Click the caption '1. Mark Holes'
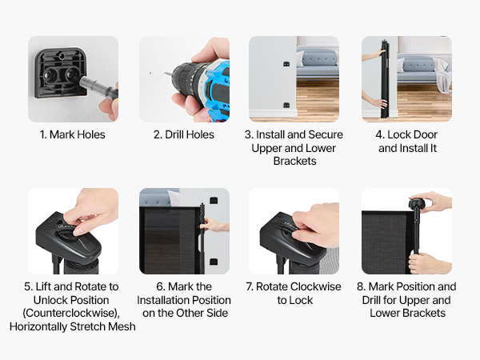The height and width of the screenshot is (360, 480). (72, 134)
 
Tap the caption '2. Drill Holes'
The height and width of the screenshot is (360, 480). (184, 134)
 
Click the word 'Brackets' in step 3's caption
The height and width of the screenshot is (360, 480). (294, 161)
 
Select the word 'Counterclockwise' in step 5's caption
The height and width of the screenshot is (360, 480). (70, 313)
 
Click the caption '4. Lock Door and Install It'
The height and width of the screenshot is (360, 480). (406, 142)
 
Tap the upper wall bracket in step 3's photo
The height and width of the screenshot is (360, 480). (286, 64)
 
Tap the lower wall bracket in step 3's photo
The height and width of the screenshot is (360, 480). (286, 105)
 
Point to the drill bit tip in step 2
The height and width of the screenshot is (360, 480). (165, 74)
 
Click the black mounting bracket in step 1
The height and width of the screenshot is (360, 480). (60, 74)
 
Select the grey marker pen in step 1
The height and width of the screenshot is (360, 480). (98, 86)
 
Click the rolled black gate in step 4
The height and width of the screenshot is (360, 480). (384, 78)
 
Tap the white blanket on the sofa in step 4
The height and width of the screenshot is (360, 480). (442, 76)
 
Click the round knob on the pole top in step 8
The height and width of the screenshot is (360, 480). (416, 203)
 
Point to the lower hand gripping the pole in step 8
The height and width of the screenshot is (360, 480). (427, 263)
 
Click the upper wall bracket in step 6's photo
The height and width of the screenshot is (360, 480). (214, 201)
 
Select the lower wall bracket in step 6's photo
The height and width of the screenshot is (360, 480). (214, 262)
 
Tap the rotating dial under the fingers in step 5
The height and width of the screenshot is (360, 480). (66, 232)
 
